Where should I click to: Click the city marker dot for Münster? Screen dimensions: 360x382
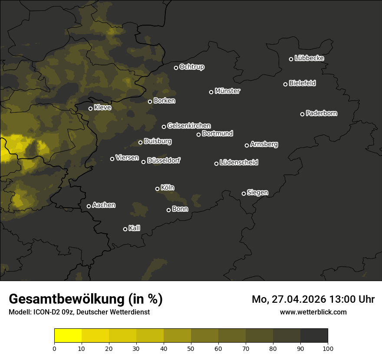click(211, 92)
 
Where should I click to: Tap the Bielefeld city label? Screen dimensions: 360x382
click(302, 83)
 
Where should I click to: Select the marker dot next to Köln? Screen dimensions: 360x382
click(157, 189)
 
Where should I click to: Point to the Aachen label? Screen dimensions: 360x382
click(104, 205)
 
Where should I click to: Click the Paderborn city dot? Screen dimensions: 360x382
click(303, 114)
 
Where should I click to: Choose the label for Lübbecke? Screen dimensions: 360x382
click(309, 58)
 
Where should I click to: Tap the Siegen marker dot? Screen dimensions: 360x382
click(244, 193)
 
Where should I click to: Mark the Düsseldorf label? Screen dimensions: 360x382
click(164, 160)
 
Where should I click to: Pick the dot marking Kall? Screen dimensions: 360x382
click(125, 229)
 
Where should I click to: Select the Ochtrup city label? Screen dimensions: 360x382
click(191, 67)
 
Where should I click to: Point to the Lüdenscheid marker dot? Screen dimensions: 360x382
click(216, 164)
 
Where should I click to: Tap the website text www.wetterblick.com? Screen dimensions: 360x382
click(313, 312)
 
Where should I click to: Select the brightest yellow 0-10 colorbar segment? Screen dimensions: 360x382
click(68, 336)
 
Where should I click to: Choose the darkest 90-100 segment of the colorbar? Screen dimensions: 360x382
click(314, 336)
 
